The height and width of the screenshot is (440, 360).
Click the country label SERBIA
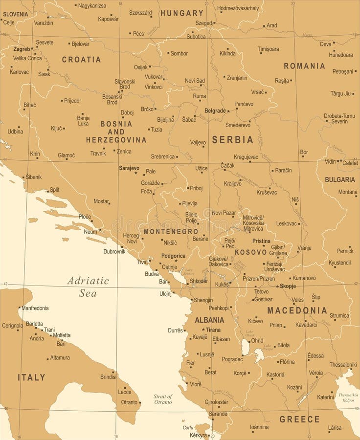(x=232, y=140)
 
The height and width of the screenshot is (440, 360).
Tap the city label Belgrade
(x=215, y=111)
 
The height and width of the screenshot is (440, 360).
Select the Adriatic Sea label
(x=88, y=287)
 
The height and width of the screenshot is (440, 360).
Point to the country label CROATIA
(x=81, y=60)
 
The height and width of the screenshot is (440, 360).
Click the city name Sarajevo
(x=129, y=168)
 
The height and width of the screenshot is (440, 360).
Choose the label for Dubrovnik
(x=114, y=251)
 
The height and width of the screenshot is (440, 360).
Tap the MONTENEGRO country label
(x=171, y=231)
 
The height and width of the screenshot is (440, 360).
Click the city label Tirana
(x=213, y=330)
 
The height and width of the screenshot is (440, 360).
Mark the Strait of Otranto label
(x=162, y=399)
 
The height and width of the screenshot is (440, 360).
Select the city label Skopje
(x=288, y=286)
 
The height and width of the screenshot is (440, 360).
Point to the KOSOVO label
(x=250, y=252)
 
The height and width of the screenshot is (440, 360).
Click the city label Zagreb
(x=22, y=49)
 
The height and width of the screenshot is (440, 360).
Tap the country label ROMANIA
(x=304, y=66)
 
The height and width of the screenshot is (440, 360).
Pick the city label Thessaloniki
(x=343, y=365)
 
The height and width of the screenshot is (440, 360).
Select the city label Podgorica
(x=174, y=256)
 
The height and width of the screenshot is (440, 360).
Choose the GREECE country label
(x=299, y=419)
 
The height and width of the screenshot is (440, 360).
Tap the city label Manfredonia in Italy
(x=35, y=308)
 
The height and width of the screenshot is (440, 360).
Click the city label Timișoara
(x=269, y=49)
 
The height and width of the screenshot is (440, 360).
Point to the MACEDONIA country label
(x=297, y=310)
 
